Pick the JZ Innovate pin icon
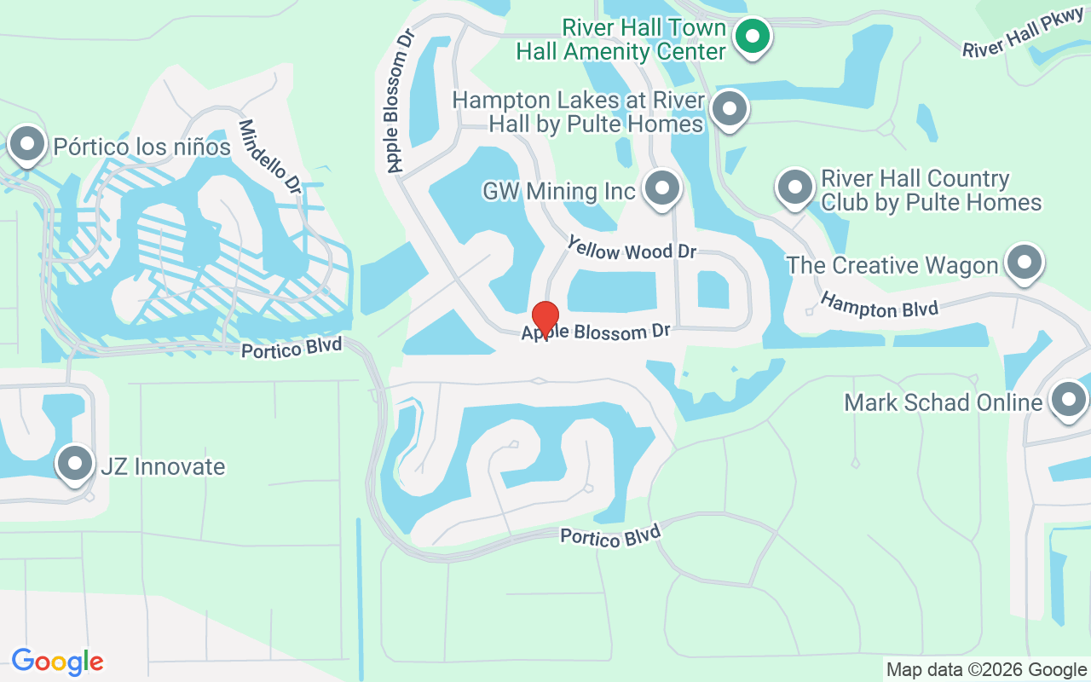click(x=75, y=464)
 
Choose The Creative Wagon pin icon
click(x=1025, y=263)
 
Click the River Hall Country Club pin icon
click(x=795, y=187)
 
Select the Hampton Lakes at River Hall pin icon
click(x=729, y=108)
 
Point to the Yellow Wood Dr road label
click(x=632, y=250)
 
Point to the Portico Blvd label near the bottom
click(x=610, y=535)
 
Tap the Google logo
click(x=57, y=662)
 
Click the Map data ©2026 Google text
click(x=986, y=670)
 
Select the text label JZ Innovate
click(x=163, y=466)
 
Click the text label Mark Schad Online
click(x=944, y=402)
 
